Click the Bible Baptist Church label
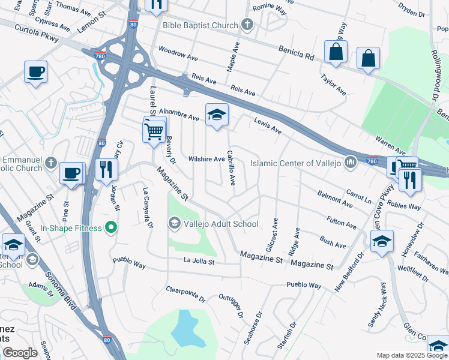tap(201, 24)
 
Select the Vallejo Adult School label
tap(221, 224)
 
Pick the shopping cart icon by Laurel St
tap(154, 130)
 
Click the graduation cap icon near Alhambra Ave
tap(217, 115)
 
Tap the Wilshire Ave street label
tap(206, 159)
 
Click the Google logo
tap(19, 353)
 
